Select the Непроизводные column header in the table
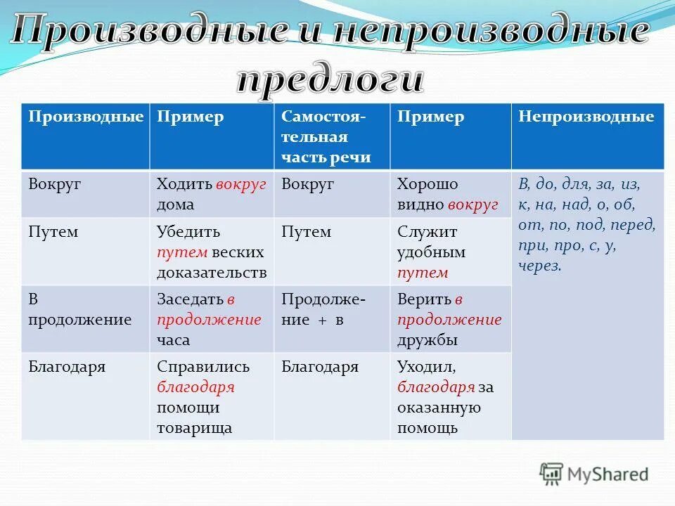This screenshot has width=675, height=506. (586, 117)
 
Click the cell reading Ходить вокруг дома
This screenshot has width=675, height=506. (212, 194)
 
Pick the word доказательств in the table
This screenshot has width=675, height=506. (212, 273)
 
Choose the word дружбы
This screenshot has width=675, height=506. (427, 340)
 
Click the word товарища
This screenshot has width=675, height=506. (195, 427)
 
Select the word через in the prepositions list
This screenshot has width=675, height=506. (539, 266)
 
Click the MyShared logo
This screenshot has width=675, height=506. (594, 474)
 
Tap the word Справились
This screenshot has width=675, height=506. (203, 367)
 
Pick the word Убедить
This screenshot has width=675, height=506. (188, 232)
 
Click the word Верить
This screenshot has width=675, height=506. (423, 299)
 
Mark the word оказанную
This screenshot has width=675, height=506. (439, 408)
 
